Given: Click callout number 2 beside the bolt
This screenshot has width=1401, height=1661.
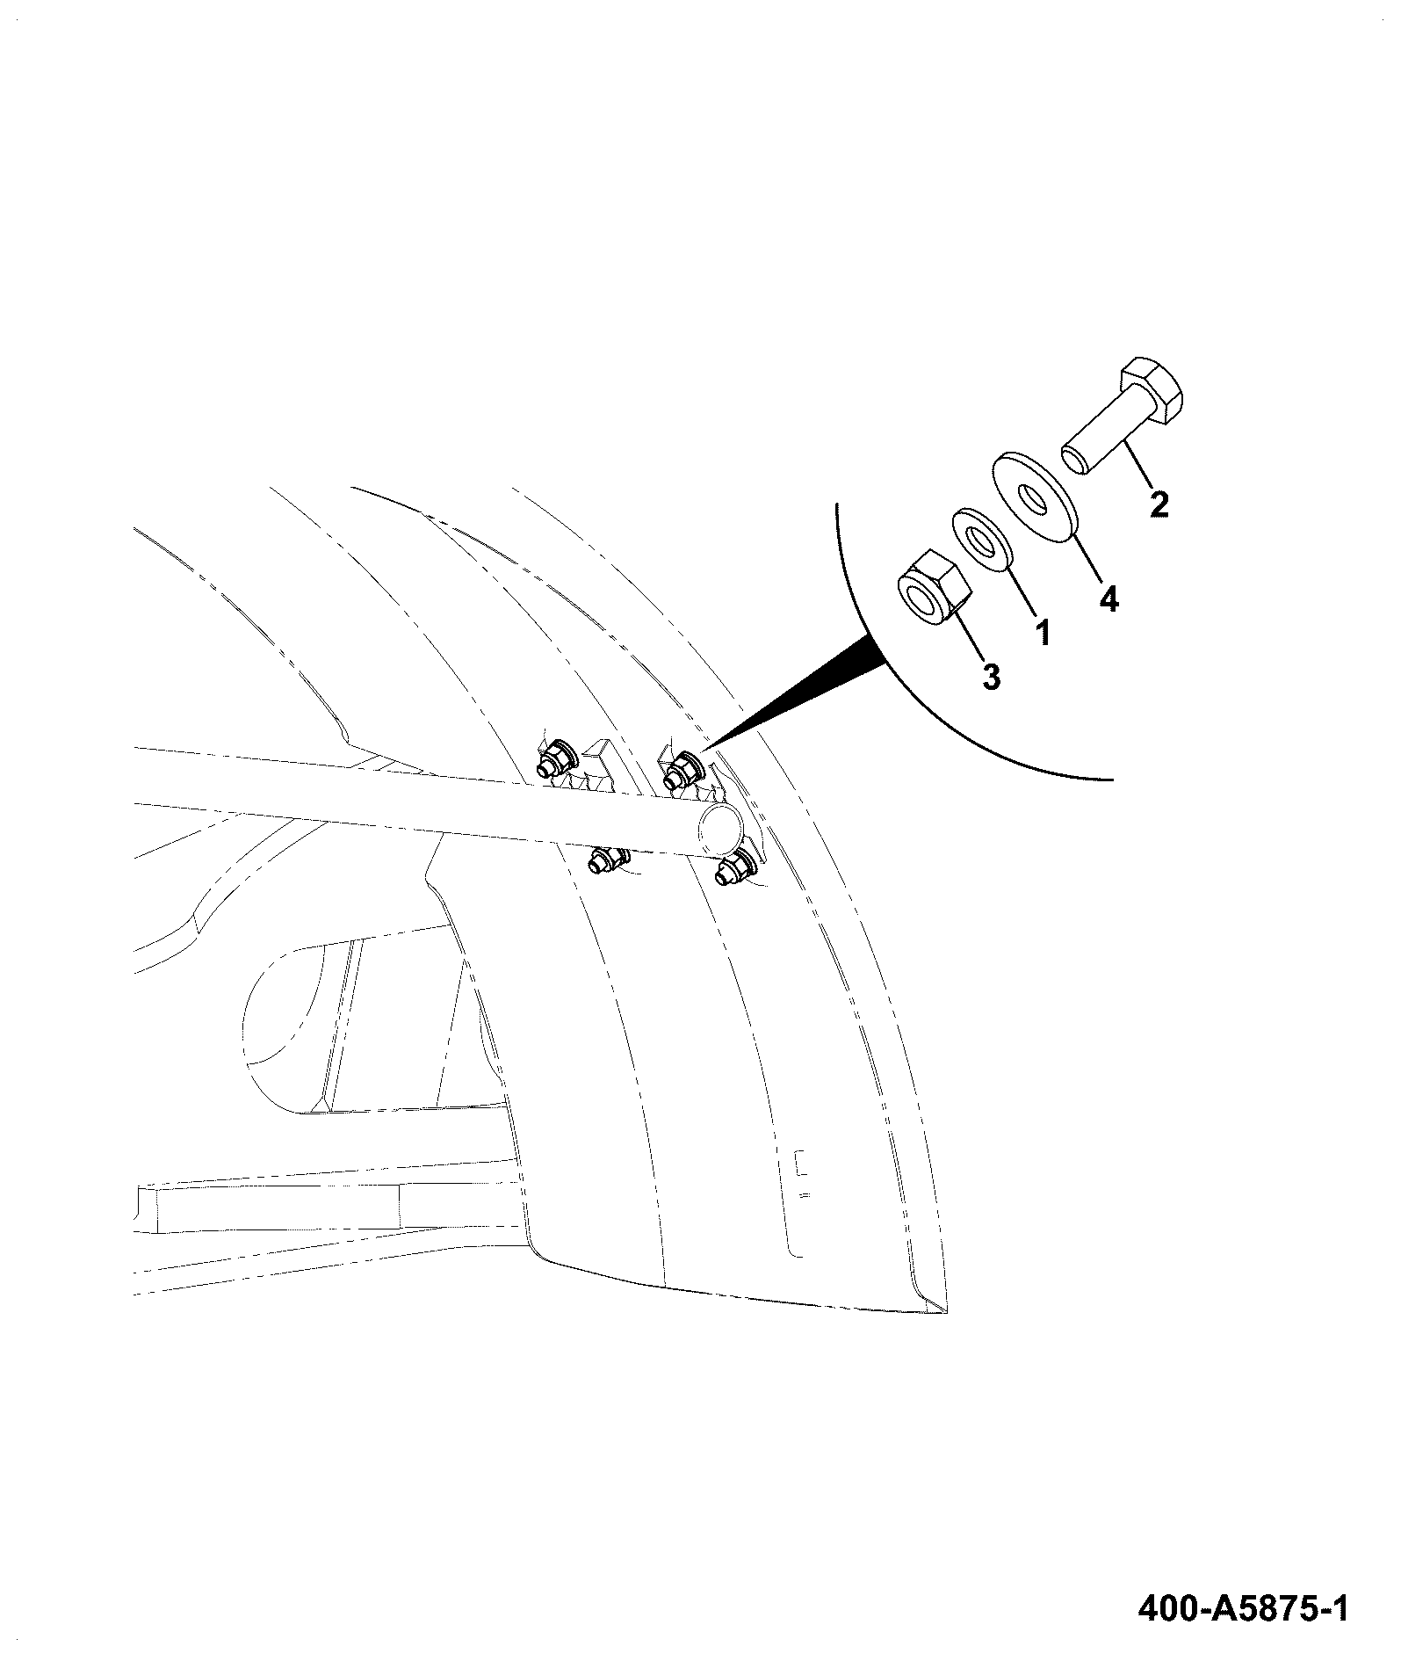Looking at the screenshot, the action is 1159,504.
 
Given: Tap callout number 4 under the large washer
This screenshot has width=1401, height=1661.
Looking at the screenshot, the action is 1109,600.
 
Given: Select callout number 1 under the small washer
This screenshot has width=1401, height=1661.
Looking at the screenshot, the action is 1043,632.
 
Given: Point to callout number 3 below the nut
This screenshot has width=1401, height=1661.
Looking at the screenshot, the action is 991,677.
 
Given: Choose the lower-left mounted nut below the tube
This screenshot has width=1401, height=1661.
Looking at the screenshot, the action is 605,860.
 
